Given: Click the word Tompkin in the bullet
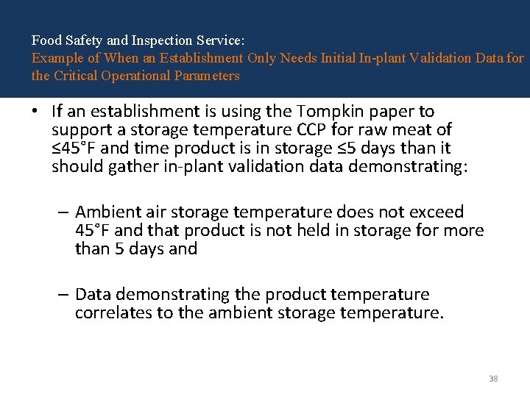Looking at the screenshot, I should pos(328,112).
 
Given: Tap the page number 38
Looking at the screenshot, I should pos(493,379).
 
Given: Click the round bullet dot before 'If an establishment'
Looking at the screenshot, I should pos(35,112).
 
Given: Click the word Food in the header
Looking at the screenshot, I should pos(45,41).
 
